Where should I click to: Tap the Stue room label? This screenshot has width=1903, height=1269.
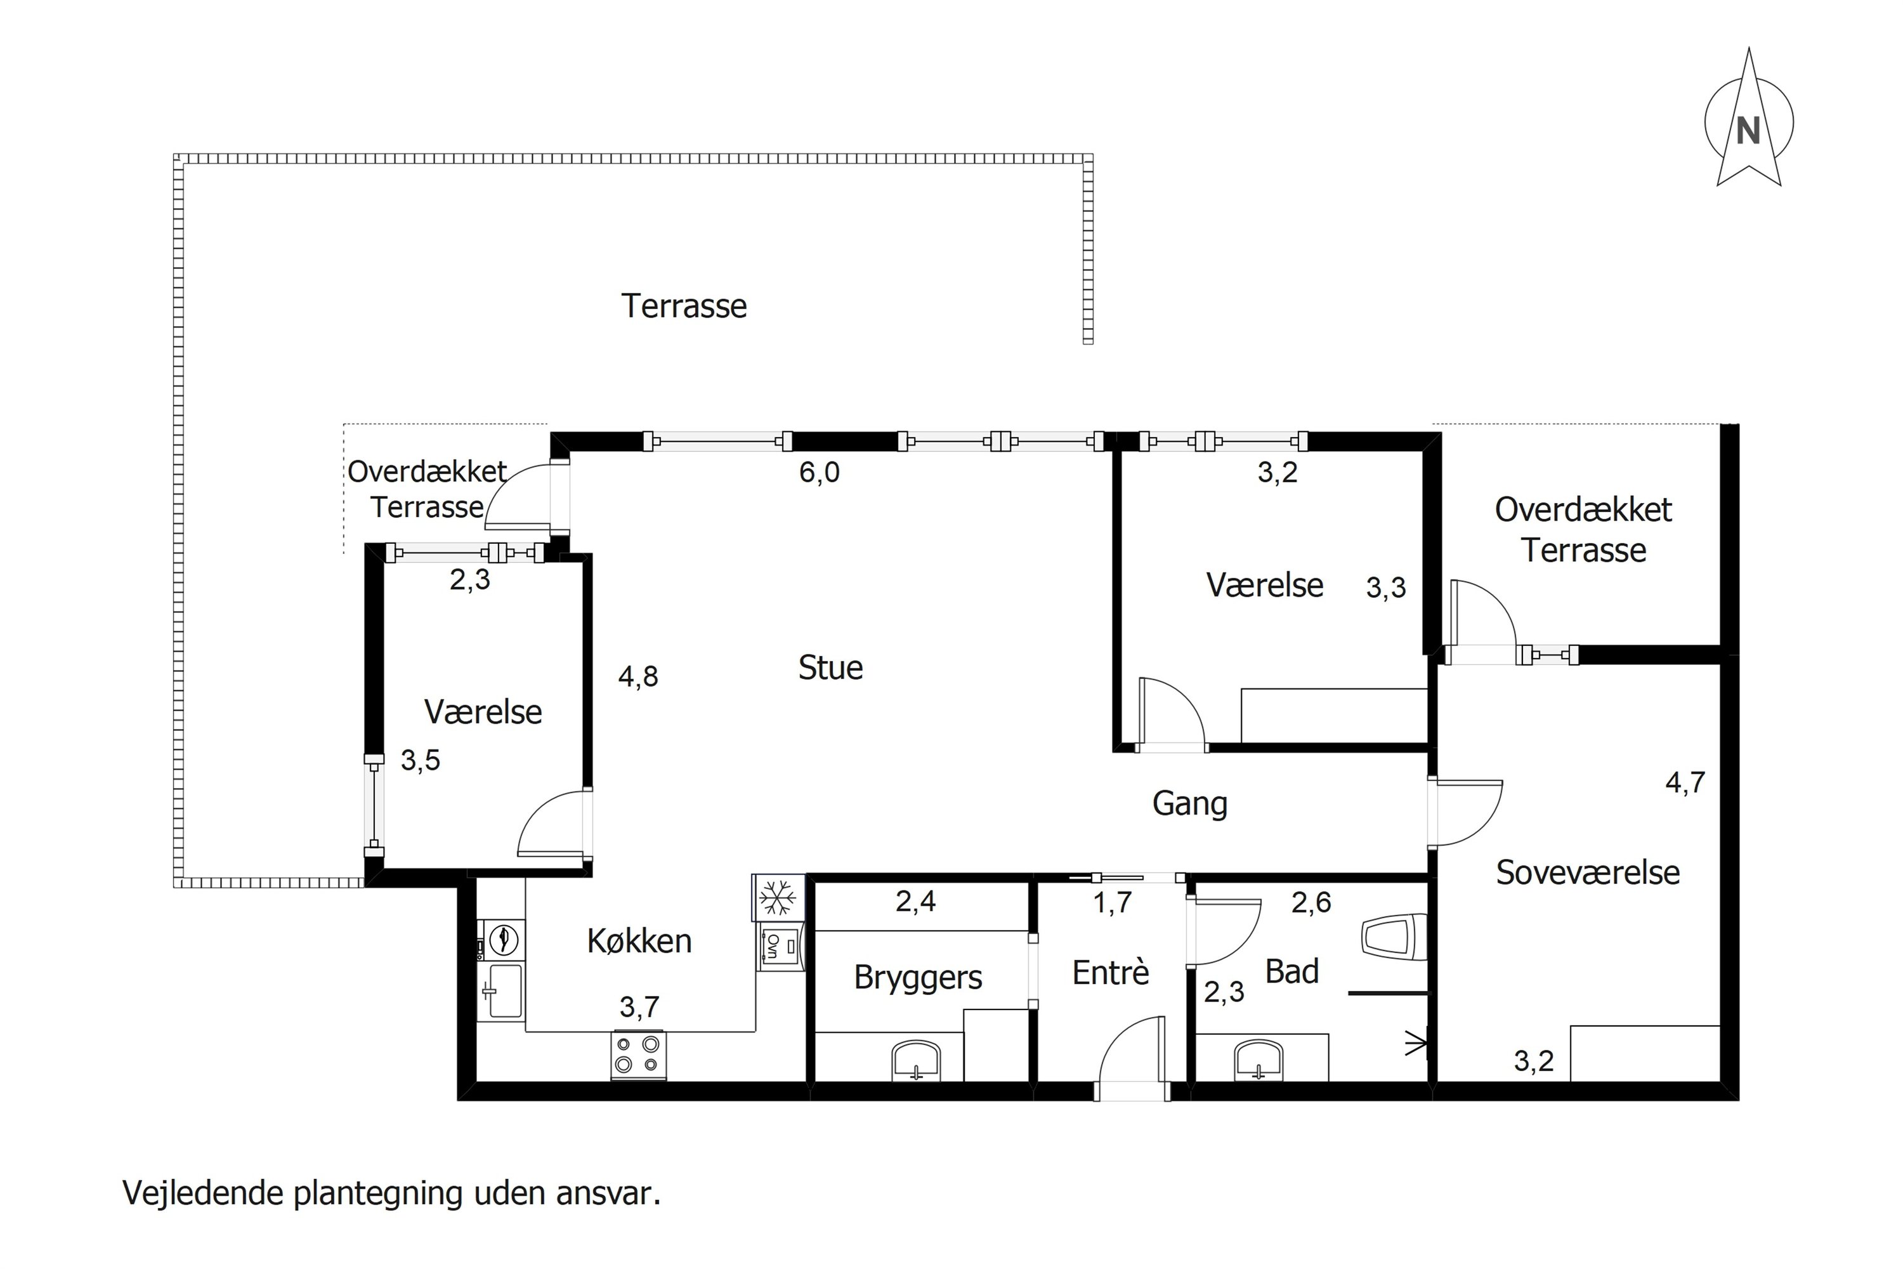tap(830, 667)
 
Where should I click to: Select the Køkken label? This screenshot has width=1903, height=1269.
tap(639, 940)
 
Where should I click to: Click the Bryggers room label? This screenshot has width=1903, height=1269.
tap(917, 978)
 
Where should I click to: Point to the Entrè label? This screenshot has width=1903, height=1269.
tap(1110, 972)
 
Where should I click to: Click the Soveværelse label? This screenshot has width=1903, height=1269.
tap(1588, 872)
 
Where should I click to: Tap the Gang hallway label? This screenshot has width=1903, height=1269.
tap(1189, 804)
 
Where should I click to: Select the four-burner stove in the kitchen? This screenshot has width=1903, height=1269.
tap(638, 1055)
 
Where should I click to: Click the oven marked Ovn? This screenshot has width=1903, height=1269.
tap(781, 946)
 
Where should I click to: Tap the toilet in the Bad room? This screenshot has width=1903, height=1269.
tap(1393, 937)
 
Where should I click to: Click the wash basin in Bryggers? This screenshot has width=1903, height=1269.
tap(917, 1060)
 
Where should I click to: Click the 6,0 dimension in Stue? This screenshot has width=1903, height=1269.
tap(819, 472)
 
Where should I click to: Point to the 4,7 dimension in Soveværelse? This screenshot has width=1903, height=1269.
tap(1685, 782)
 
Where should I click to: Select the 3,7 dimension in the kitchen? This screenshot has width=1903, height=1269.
tap(639, 1007)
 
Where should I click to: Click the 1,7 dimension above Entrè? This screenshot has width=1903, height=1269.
tap(1112, 902)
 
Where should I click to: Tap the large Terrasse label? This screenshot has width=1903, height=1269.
tap(684, 306)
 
